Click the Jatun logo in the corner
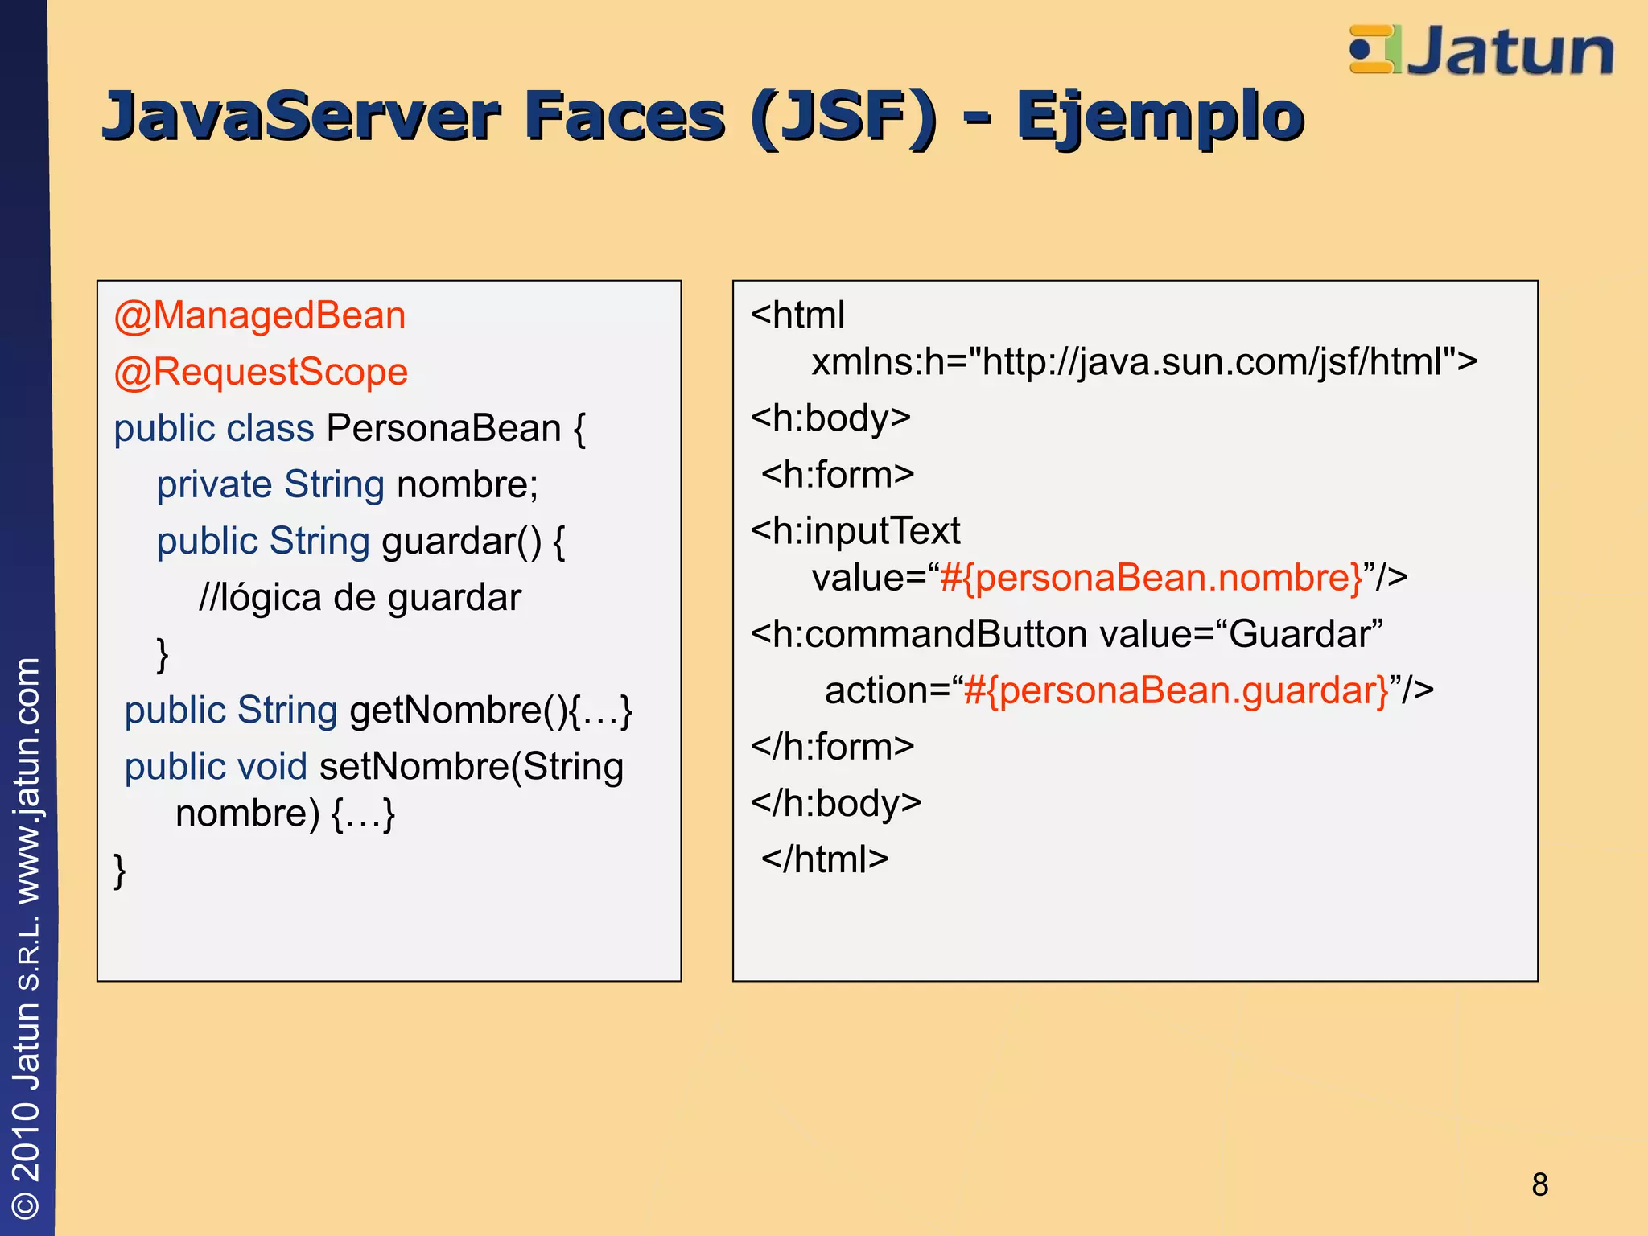coord(1481,50)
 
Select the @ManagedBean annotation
coord(260,315)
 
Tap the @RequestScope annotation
coord(261,372)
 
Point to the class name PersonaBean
coord(443,428)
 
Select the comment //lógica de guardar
coord(360,598)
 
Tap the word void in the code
coord(273,767)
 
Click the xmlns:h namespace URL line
coord(1143,362)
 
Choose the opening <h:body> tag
coord(830,418)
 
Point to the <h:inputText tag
coord(855,531)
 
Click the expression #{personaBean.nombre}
coord(1151,578)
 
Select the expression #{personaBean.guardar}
coord(1176,690)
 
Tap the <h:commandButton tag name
coord(919,634)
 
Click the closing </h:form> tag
coord(832,747)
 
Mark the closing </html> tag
coord(825,859)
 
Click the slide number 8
coord(1539,1184)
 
